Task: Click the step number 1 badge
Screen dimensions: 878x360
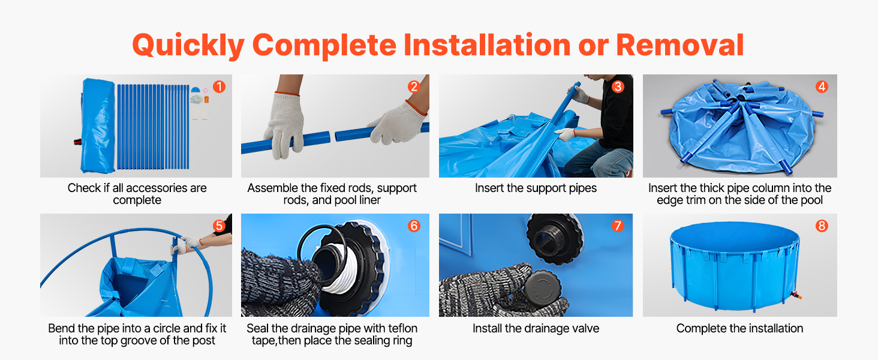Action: click(x=219, y=86)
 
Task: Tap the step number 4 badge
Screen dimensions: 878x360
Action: click(x=822, y=86)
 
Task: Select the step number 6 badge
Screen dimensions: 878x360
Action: click(x=414, y=226)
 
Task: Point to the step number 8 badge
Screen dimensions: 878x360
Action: click(x=822, y=226)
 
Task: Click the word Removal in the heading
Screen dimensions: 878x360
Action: click(x=679, y=45)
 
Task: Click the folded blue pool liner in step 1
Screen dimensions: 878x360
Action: click(x=97, y=126)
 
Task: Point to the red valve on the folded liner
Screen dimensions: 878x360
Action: click(x=77, y=142)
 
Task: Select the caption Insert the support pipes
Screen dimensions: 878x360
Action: click(x=536, y=188)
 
